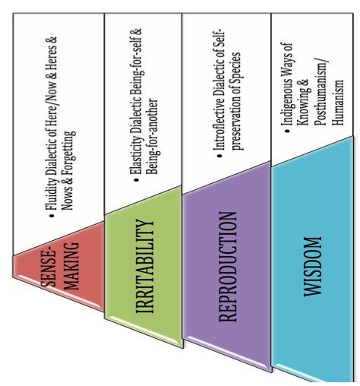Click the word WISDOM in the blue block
tap(313, 267)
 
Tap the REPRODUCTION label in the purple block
tap(228, 267)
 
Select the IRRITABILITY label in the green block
tap(144, 266)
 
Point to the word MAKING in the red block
tap(71, 266)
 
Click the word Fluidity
tap(51, 193)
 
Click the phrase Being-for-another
tap(153, 136)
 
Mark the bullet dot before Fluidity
tap(52, 216)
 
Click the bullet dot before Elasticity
tap(137, 180)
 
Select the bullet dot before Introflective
tap(219, 156)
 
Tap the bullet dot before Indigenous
tap(287, 131)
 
